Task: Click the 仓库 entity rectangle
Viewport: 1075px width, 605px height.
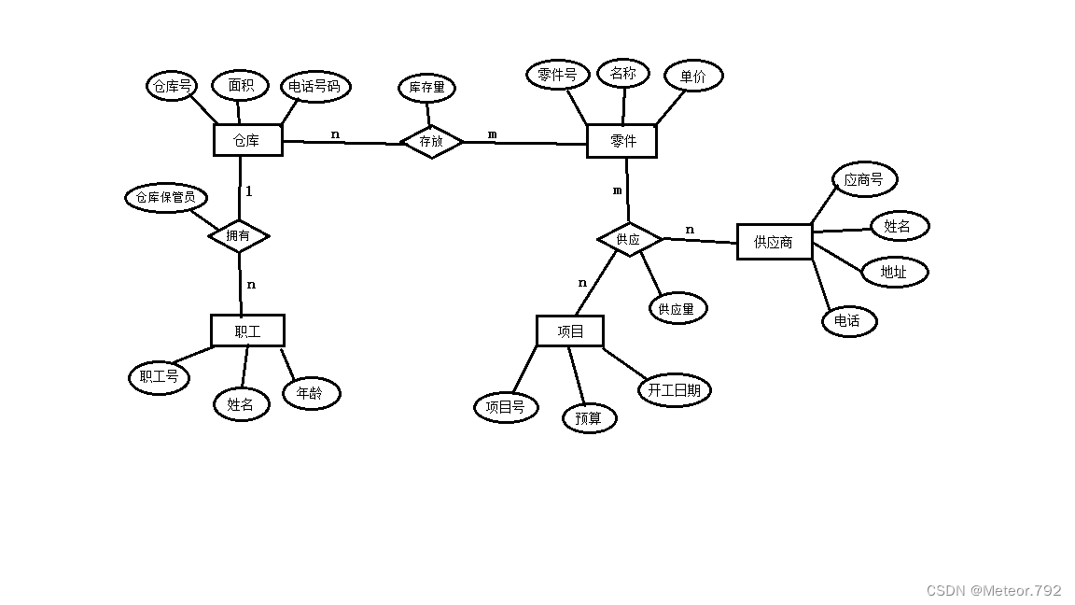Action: [x=247, y=140]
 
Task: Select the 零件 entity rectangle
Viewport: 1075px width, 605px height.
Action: [x=622, y=141]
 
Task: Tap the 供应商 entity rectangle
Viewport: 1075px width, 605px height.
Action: [x=774, y=242]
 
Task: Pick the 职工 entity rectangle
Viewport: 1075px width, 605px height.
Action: [x=247, y=331]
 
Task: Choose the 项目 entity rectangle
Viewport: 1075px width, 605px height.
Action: [x=570, y=331]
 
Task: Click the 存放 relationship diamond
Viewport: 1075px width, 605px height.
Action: [x=431, y=141]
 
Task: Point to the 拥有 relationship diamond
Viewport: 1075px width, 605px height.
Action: [x=238, y=235]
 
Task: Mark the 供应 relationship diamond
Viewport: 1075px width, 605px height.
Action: [x=629, y=240]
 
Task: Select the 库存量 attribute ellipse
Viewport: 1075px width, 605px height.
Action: [x=427, y=89]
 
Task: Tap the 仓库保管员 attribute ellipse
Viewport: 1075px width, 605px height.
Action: [x=165, y=198]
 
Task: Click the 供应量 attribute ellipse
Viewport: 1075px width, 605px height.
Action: [x=677, y=308]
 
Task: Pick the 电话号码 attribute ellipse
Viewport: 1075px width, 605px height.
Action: [x=315, y=87]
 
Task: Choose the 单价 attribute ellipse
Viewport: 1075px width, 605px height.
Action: [x=693, y=77]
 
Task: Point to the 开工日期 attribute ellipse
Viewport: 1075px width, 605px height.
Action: [x=674, y=390]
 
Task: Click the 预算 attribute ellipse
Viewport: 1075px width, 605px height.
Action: [x=589, y=418]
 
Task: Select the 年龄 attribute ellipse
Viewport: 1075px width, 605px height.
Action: [x=310, y=393]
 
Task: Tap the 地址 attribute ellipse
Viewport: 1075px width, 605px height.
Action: [x=894, y=272]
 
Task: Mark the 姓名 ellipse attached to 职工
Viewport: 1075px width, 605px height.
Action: [x=241, y=404]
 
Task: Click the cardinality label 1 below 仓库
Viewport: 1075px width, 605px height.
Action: [x=249, y=191]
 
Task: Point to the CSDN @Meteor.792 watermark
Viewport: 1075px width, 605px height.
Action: [x=994, y=590]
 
